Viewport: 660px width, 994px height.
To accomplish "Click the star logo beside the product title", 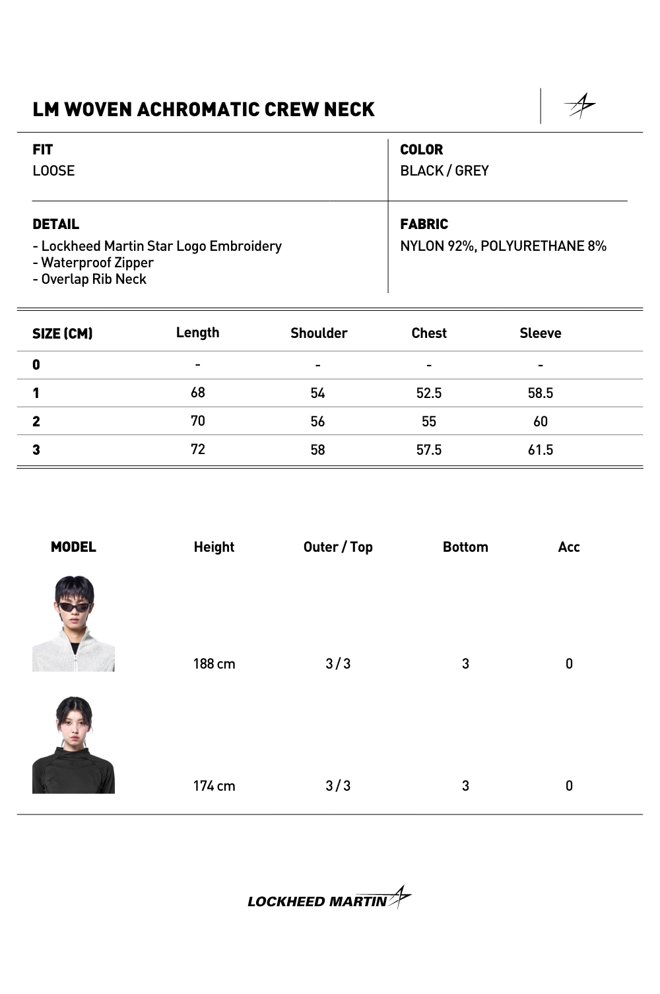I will [x=579, y=106].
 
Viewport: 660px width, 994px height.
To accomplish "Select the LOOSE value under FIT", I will [x=53, y=171].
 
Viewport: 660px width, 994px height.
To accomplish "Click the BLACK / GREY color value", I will [x=444, y=171].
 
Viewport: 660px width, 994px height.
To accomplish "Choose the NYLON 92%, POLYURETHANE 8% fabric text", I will [x=503, y=246].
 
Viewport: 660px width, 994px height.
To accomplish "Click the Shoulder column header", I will [x=319, y=333].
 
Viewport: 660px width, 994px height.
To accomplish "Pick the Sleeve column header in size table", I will [x=540, y=333].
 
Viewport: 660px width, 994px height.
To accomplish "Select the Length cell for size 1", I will [x=197, y=393].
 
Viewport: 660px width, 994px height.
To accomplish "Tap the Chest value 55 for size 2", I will [x=428, y=422].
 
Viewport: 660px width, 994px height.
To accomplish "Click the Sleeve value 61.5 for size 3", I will [x=540, y=450].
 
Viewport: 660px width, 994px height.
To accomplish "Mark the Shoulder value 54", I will [x=317, y=393].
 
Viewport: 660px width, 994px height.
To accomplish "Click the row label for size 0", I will [x=36, y=365].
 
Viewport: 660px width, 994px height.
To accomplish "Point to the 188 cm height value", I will [x=214, y=664].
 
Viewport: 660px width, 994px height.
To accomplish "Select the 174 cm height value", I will [x=214, y=786].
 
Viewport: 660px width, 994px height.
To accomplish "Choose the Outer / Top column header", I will [x=338, y=547].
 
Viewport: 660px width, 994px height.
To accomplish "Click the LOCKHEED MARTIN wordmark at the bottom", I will [x=317, y=902].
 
